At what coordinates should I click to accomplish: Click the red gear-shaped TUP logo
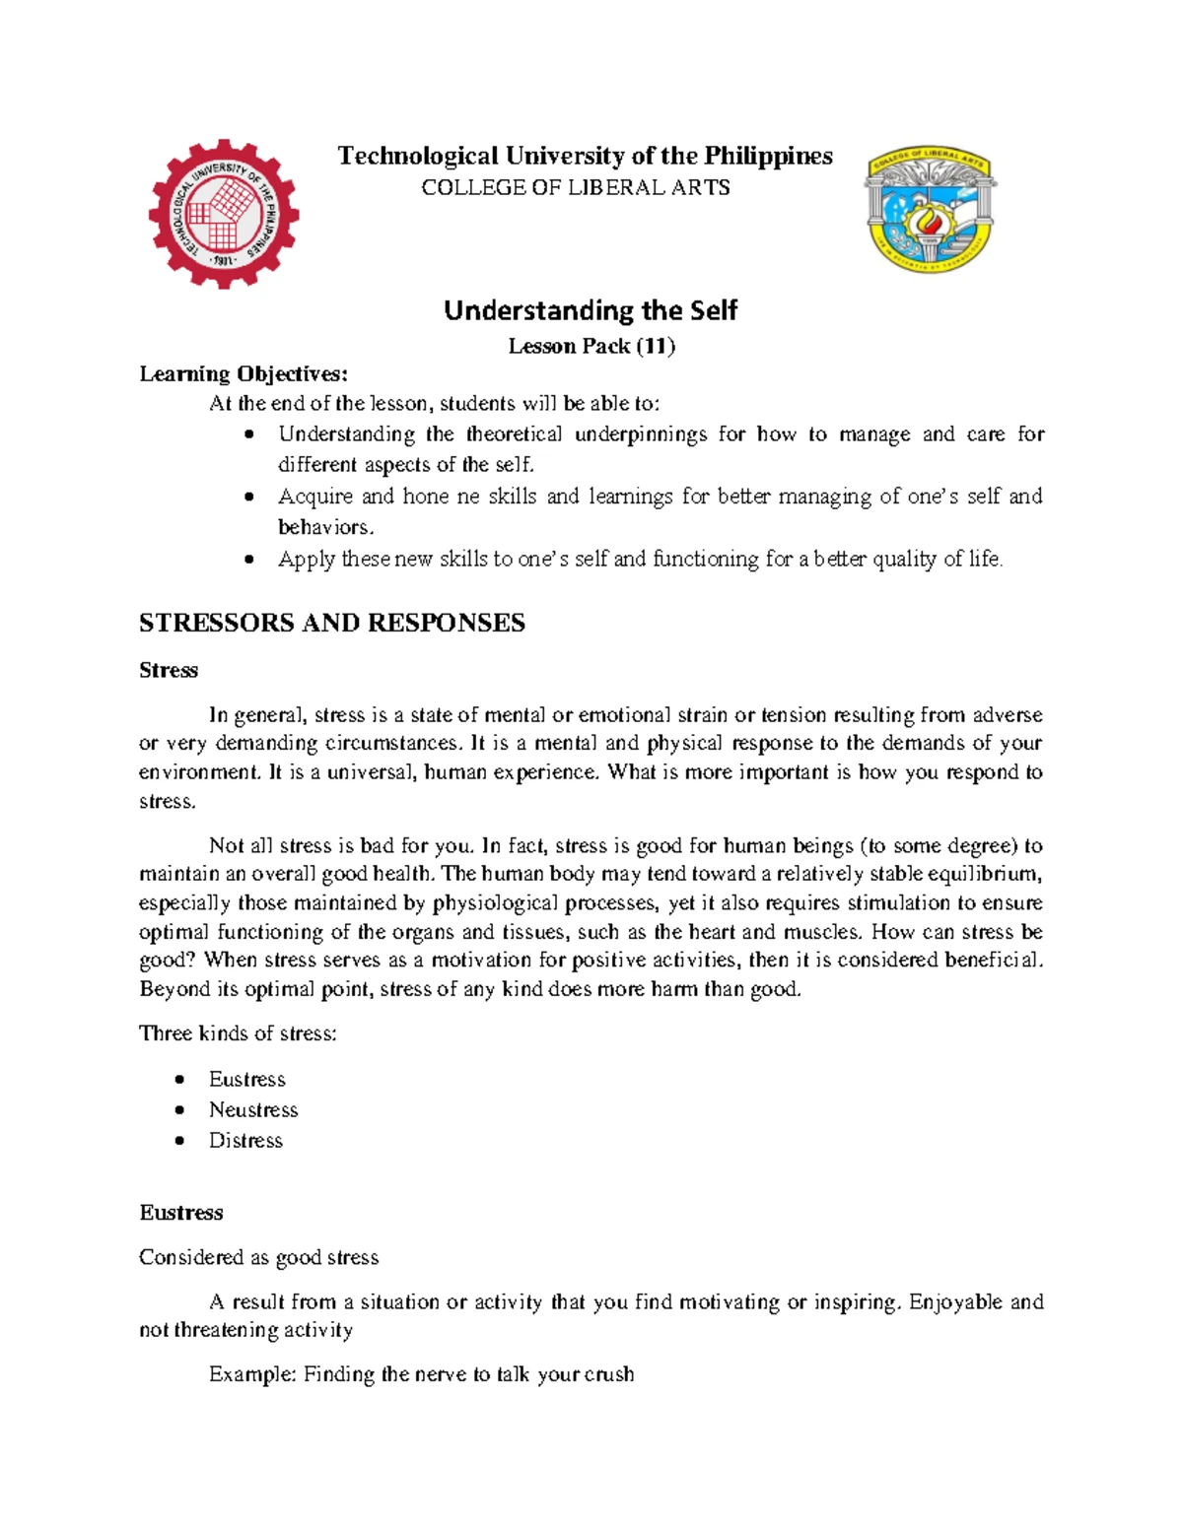coord(224,214)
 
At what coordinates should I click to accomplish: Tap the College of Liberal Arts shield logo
coord(930,211)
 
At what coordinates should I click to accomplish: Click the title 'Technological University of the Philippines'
coord(585,157)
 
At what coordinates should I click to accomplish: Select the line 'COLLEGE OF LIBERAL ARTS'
coord(576,187)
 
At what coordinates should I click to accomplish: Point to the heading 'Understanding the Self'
coord(591,310)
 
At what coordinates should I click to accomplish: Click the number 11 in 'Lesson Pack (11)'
coord(656,346)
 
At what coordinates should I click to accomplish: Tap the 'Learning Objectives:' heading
coord(244,373)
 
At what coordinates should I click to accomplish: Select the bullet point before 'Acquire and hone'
coord(250,498)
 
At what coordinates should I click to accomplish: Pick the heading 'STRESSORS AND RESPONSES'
coord(332,623)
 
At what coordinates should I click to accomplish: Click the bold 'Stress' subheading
coord(169,670)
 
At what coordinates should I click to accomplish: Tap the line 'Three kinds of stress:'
coord(238,1033)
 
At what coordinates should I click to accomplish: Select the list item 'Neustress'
coord(253,1110)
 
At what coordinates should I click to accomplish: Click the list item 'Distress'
coord(245,1141)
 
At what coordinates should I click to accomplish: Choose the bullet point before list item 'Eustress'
coord(179,1081)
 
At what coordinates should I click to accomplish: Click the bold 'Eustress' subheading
coord(181,1213)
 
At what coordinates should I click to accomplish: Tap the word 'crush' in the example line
coord(608,1374)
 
